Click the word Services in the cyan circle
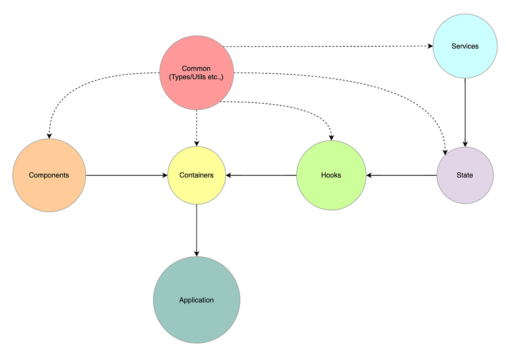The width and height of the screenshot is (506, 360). [465, 46]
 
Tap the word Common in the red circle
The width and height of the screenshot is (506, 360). [196, 68]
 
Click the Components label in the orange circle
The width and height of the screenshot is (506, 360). [49, 175]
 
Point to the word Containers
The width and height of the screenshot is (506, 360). [196, 175]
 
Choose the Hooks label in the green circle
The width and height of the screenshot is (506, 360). [331, 175]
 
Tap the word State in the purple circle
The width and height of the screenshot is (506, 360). [465, 175]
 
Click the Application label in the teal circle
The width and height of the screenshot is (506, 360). [196, 300]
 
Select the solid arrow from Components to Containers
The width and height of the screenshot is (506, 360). [126, 175]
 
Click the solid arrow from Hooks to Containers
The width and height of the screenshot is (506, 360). [261, 175]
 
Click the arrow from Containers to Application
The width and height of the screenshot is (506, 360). [196, 230]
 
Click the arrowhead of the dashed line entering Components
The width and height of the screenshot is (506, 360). [49, 136]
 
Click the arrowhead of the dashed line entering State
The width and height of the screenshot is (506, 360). [445, 153]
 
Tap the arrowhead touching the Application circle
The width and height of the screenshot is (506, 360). [196, 254]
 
